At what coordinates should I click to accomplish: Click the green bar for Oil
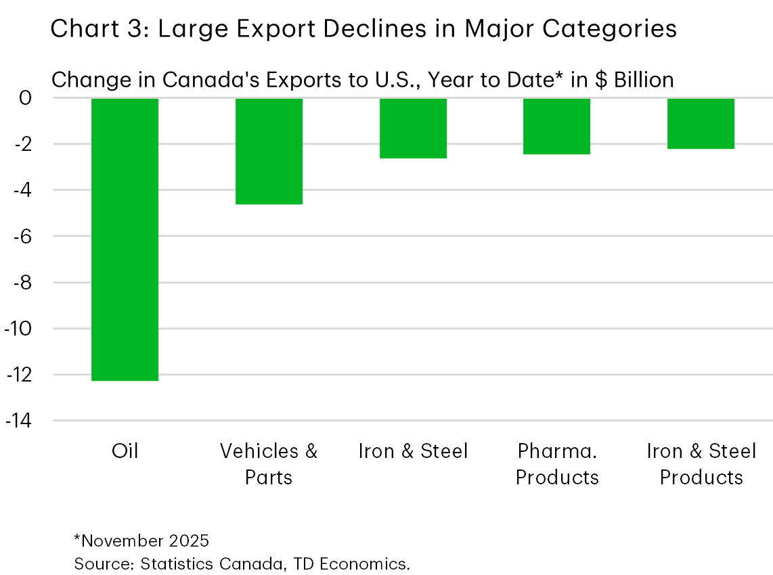click(125, 239)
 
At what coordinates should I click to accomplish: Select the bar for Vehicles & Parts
click(269, 151)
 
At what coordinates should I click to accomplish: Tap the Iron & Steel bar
click(413, 128)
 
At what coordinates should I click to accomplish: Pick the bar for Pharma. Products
click(557, 126)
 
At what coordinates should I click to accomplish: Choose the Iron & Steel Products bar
click(701, 123)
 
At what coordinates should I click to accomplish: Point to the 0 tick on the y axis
click(25, 98)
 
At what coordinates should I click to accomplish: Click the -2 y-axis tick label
click(21, 144)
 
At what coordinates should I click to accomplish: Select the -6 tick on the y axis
click(21, 236)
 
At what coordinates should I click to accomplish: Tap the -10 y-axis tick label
click(18, 329)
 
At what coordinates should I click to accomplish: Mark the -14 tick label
click(18, 421)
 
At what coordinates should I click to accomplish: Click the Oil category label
click(125, 451)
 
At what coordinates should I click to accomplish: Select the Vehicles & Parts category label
click(269, 464)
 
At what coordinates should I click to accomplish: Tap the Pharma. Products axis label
click(557, 464)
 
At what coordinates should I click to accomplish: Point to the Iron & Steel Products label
click(701, 464)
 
